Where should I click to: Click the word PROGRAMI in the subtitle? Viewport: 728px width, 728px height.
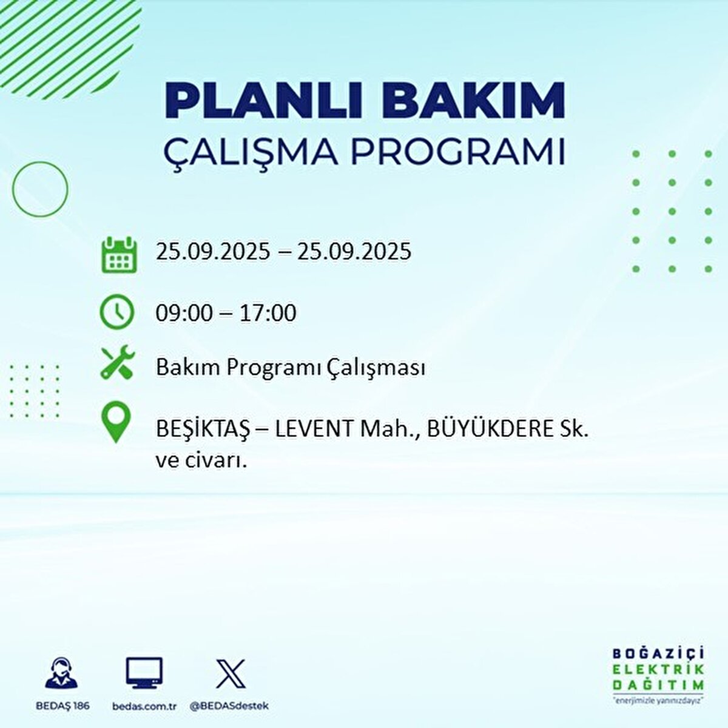(x=459, y=152)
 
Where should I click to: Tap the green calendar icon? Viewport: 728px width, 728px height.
(x=118, y=255)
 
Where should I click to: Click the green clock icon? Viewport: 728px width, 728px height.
(x=116, y=312)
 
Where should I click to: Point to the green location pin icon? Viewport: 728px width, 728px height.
(x=115, y=423)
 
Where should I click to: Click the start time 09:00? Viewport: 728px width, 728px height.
(x=184, y=314)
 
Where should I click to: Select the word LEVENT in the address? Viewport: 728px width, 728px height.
(x=314, y=430)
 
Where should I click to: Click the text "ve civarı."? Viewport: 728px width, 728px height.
(x=200, y=461)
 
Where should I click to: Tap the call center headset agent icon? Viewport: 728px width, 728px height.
(x=61, y=673)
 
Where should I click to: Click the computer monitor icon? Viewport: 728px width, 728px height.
(x=144, y=673)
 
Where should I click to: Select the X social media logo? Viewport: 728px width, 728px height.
(x=231, y=673)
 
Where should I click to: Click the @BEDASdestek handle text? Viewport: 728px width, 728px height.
(x=229, y=706)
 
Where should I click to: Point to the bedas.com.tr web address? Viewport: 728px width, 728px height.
(x=144, y=706)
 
